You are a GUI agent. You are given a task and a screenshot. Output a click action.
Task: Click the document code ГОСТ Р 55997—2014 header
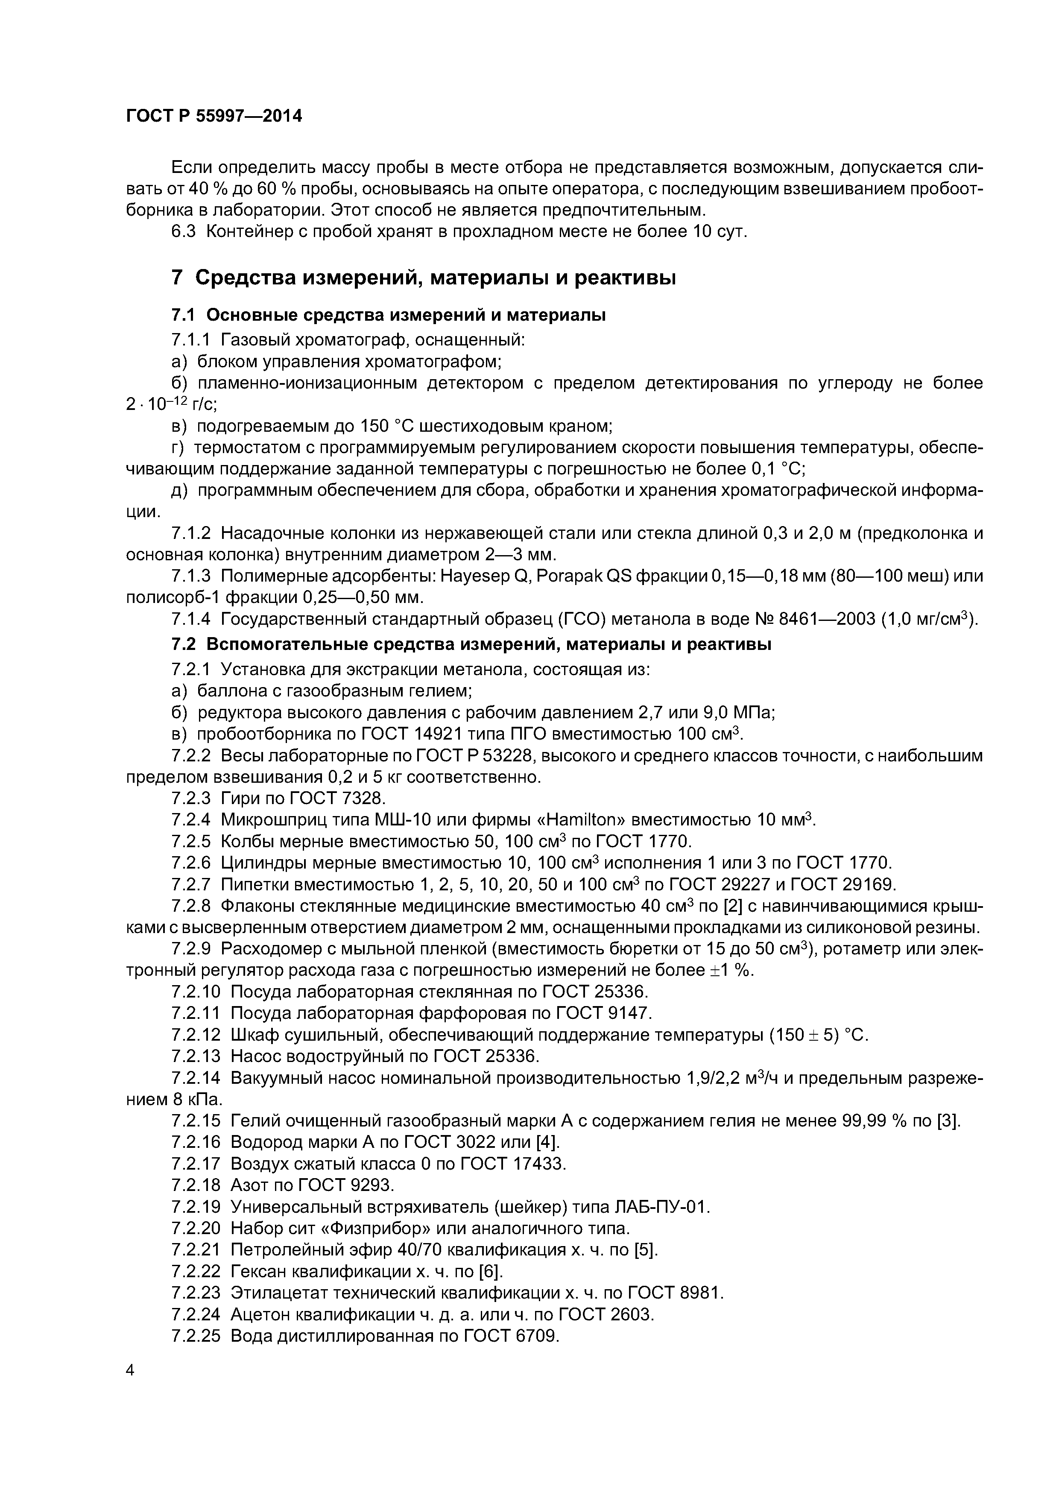click(x=214, y=117)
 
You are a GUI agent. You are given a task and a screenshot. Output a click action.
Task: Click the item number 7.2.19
click(x=196, y=1208)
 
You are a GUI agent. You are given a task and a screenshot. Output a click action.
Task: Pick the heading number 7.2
click(x=183, y=645)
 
